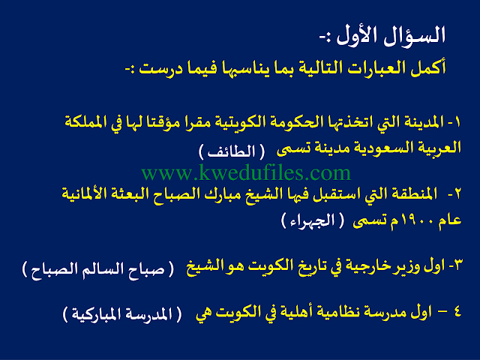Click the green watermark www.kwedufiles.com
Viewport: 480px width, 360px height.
246,173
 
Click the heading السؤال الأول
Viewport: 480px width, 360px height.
391,35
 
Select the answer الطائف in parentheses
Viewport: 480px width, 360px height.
232,151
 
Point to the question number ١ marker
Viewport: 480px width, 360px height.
457,122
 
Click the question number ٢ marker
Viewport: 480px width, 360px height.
457,194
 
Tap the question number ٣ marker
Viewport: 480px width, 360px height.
457,265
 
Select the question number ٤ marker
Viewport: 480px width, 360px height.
457,312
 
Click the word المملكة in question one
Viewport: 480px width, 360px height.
87,121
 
